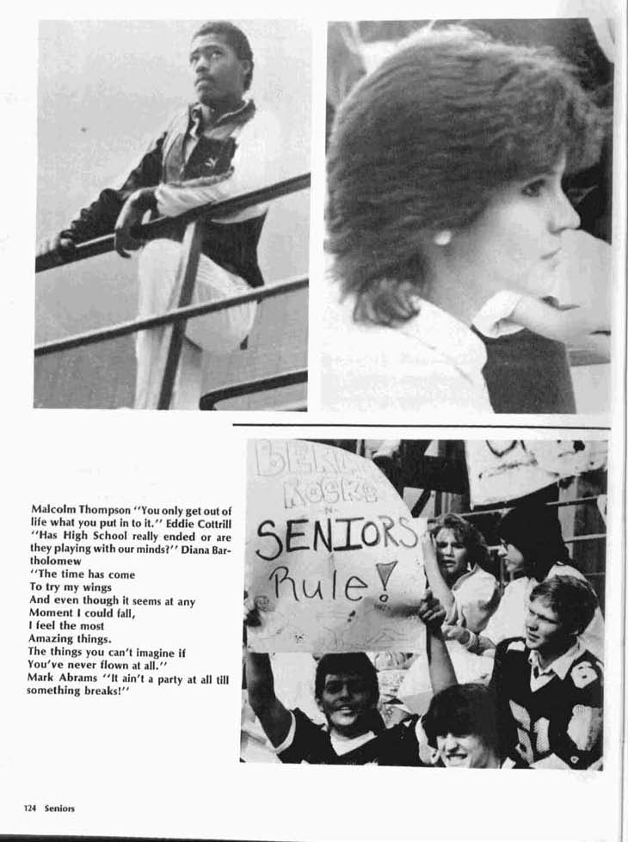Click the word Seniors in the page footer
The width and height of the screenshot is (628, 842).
(60, 808)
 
